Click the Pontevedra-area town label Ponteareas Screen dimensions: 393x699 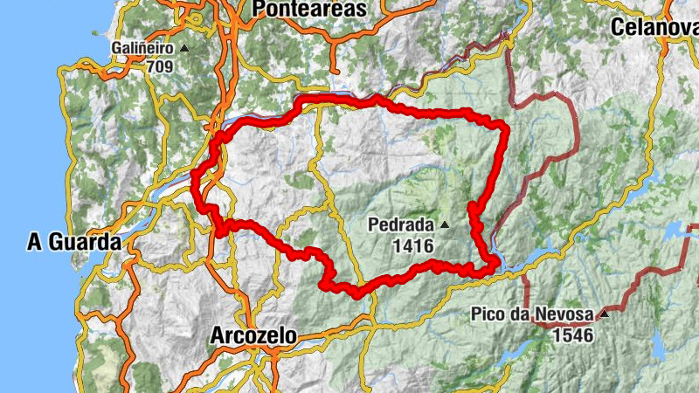(x=309, y=8)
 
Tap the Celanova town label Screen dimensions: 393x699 (x=654, y=27)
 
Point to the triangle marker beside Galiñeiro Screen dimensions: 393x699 (x=183, y=48)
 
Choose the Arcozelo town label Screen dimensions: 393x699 (x=253, y=335)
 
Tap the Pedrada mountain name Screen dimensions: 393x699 (x=401, y=225)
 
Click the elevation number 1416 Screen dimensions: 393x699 (x=412, y=246)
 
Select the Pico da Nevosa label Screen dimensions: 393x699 (x=532, y=314)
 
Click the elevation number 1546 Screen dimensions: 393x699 (x=572, y=334)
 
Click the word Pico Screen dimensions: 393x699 (x=487, y=314)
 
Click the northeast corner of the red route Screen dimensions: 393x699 (x=504, y=128)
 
